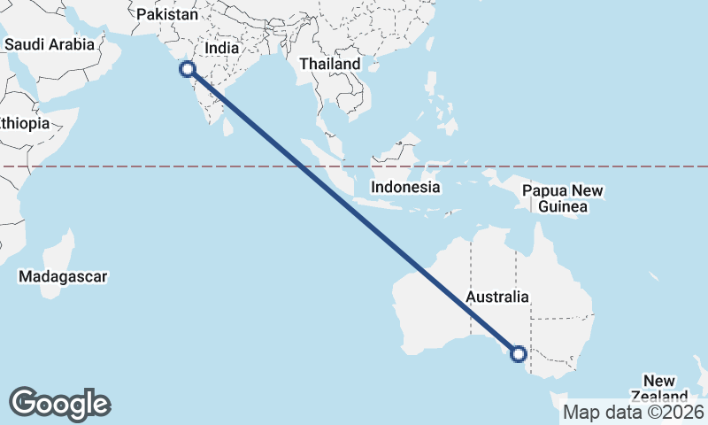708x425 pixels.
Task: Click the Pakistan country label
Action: [x=168, y=14]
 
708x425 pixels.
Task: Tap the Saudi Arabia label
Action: [x=50, y=43]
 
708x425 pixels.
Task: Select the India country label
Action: [x=221, y=50]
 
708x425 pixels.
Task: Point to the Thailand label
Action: [x=330, y=64]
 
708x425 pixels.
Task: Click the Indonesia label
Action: [x=405, y=187]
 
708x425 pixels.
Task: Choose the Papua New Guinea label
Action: [x=563, y=198]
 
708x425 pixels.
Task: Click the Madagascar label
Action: [x=63, y=276]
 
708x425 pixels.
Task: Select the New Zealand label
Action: [x=659, y=387]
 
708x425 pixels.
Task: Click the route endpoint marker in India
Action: [x=187, y=70]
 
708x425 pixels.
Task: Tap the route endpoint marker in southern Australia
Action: [x=519, y=354]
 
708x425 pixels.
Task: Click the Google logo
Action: [x=59, y=404]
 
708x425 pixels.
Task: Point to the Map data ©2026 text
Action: [x=634, y=412]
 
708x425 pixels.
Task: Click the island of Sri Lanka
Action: [x=228, y=126]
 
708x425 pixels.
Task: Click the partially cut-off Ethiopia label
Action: [x=24, y=123]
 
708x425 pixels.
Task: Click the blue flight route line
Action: [x=354, y=213]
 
